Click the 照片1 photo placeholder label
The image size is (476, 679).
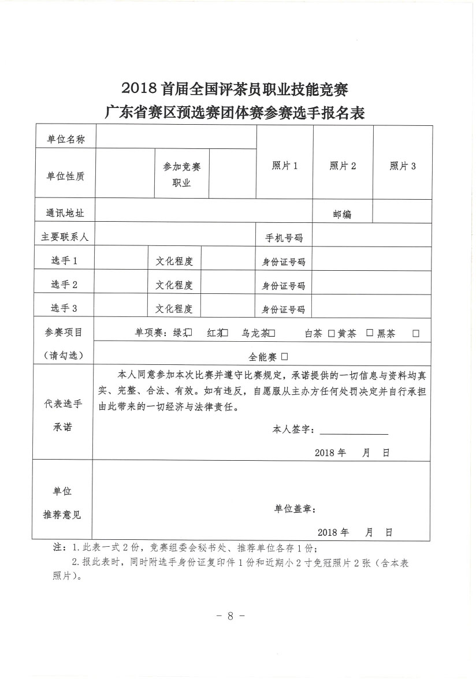[285, 166]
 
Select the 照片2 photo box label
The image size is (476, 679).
[343, 166]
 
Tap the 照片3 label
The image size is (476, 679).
[403, 166]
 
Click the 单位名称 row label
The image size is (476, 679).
[66, 139]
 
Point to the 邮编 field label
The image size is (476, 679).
[342, 214]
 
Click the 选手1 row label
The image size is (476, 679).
[64, 261]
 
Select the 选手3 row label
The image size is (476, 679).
[64, 308]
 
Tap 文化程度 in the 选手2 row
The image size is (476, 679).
[174, 285]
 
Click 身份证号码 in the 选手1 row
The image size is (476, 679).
[284, 262]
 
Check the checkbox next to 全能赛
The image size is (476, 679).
[285, 356]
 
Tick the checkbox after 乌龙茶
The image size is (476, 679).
[272, 333]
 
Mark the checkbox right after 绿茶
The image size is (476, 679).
[188, 333]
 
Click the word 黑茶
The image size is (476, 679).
[386, 334]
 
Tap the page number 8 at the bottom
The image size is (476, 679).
[230, 615]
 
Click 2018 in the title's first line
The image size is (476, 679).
[140, 88]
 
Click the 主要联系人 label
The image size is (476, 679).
[65, 237]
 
